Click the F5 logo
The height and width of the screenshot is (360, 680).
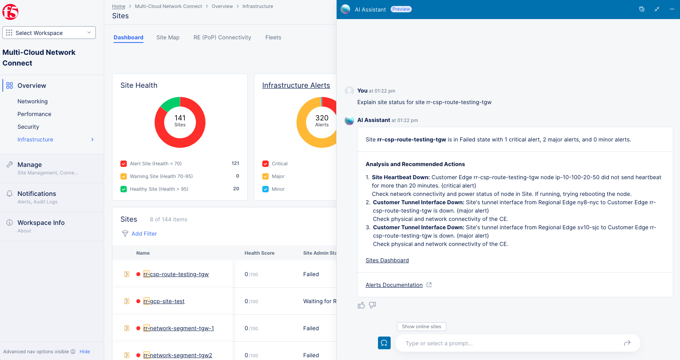(10, 12)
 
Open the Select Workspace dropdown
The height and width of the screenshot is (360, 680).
(49, 33)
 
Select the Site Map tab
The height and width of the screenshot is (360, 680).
(168, 37)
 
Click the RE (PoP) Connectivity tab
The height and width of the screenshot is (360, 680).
(222, 37)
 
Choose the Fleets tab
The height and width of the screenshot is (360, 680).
(273, 37)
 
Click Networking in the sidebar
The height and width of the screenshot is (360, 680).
(33, 101)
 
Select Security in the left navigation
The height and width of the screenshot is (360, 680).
(28, 127)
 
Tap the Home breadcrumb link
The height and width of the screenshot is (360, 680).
(118, 6)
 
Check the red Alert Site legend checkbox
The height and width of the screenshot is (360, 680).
(124, 164)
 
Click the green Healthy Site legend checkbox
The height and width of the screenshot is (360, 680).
(124, 189)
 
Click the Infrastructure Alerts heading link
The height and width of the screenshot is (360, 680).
(296, 85)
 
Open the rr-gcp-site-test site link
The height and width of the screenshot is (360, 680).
(164, 301)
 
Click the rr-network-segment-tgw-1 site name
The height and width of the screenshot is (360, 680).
(178, 328)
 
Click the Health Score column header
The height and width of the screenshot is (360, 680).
(259, 253)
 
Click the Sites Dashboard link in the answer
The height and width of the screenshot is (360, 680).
(387, 260)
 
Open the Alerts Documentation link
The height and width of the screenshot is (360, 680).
(394, 285)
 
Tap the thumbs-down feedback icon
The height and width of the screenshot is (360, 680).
(372, 305)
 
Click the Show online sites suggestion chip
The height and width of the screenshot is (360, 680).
(421, 327)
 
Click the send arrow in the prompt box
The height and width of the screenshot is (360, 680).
(627, 343)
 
